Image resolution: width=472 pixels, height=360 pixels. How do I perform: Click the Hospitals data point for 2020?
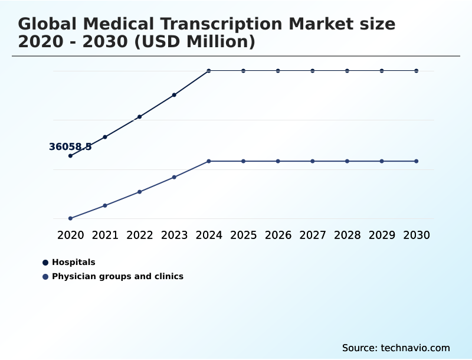pos(70,156)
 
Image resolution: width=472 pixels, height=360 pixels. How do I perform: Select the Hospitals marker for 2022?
pos(140,117)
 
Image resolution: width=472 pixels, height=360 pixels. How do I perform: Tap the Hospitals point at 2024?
pos(209,71)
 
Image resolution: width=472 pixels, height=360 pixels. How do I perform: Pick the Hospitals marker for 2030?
pos(417,71)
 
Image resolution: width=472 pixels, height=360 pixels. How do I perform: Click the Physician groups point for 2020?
pos(70,218)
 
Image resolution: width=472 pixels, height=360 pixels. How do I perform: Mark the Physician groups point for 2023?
pos(174,177)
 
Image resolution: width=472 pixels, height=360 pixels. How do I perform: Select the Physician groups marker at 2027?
pos(313,161)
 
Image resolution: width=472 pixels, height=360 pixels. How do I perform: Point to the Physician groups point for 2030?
pos(417,161)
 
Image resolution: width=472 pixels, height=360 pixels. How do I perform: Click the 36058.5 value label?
pos(70,147)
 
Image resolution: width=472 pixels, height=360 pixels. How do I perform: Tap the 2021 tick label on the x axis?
pos(105,235)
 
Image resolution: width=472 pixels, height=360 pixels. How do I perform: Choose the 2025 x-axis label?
pos(243,235)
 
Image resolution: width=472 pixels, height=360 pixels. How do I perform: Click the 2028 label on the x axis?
pos(347,235)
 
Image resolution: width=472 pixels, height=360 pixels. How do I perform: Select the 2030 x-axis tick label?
pos(417,235)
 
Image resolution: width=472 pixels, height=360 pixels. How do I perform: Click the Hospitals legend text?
pos(73,262)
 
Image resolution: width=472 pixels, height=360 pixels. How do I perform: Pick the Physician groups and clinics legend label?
pos(117,276)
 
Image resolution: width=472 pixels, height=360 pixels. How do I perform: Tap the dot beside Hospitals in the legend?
pos(45,262)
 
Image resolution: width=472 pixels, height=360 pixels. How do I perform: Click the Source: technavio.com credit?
pos(396,348)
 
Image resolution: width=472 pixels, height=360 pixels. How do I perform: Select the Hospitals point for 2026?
pos(278,71)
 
